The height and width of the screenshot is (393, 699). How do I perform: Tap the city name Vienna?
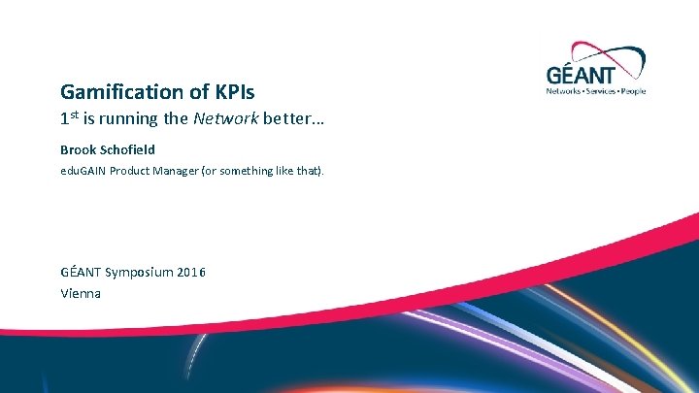pos(81,292)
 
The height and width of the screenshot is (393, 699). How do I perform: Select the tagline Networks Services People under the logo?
pos(596,91)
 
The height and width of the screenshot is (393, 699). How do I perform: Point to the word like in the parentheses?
pos(287,171)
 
